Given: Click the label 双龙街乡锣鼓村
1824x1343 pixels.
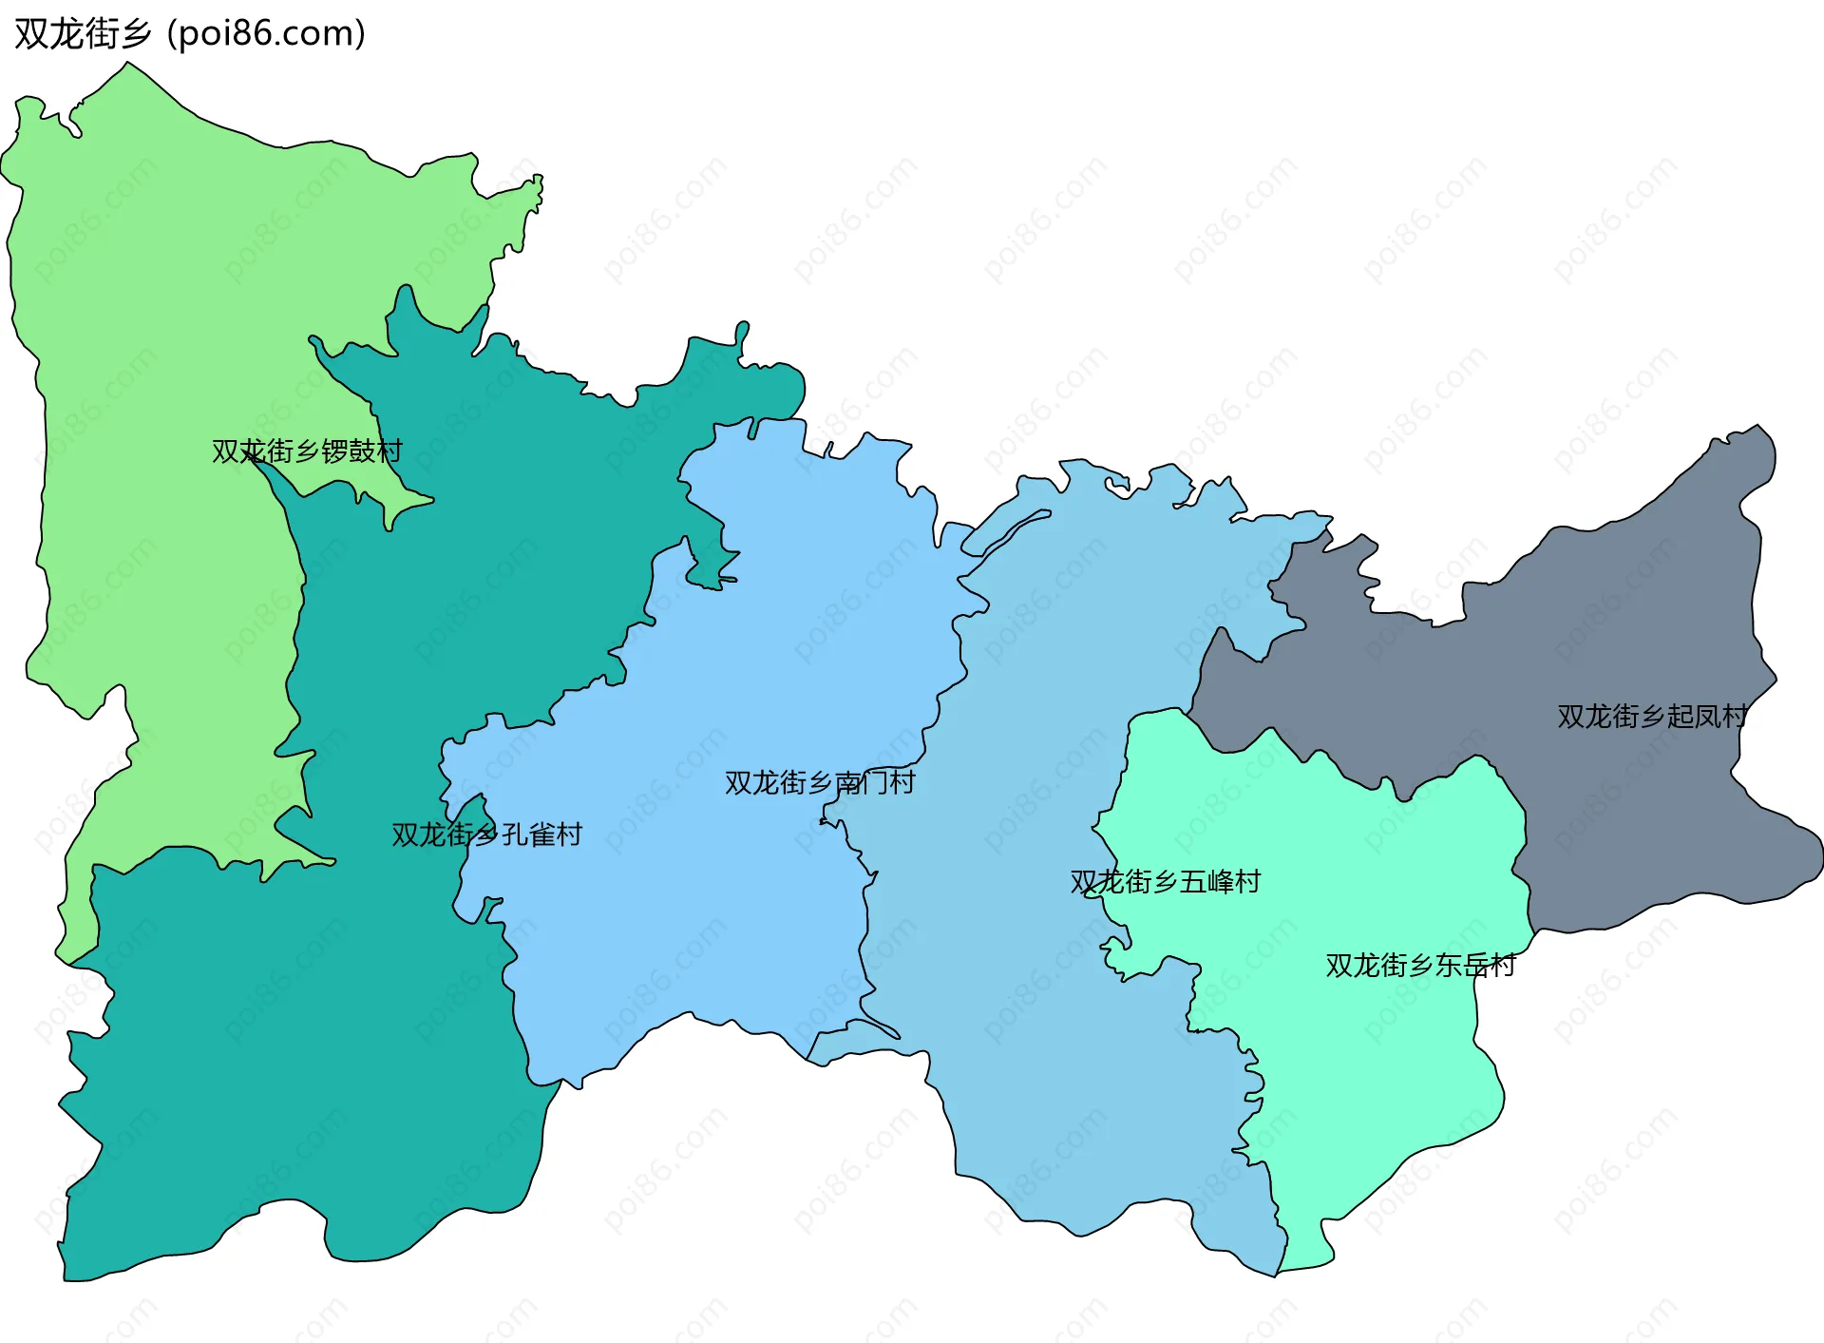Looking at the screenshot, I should tap(307, 451).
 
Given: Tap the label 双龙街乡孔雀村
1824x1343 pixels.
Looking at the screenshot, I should tap(486, 835).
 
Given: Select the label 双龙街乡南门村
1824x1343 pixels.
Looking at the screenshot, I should tap(820, 782).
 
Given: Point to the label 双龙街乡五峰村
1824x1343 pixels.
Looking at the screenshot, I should tap(1165, 882).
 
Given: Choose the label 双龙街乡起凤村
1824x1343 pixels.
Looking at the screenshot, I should tap(1652, 716).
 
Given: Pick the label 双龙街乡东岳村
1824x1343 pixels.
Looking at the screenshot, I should tap(1420, 966).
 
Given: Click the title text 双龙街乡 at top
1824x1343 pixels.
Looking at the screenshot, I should tap(83, 34).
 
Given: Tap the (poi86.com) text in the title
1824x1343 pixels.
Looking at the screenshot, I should tap(266, 34).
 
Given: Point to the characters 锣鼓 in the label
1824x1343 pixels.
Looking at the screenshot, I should tap(348, 451).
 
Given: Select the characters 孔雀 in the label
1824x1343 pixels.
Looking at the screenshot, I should tap(527, 835).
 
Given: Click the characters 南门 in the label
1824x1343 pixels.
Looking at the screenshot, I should tap(861, 782).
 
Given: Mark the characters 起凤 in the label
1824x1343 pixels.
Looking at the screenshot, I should tap(1693, 716).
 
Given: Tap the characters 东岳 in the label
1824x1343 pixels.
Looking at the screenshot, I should tap(1461, 966).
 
